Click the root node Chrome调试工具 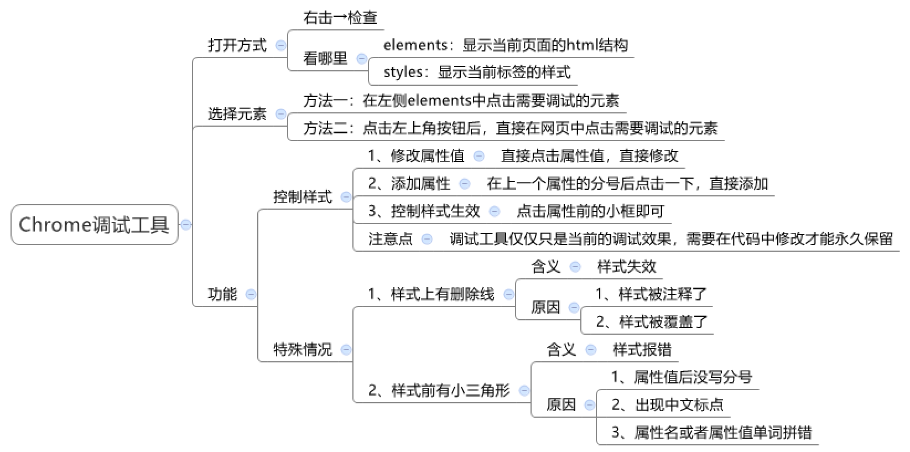point(94,225)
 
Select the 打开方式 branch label point(237,45)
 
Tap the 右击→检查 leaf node point(340,18)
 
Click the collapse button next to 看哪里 point(362,59)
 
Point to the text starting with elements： point(506,45)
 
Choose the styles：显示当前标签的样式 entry point(477,72)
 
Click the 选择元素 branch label point(237,114)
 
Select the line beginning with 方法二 point(510,128)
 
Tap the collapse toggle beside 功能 point(251,294)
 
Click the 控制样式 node point(303,196)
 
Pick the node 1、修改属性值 point(416,155)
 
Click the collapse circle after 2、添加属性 point(464,184)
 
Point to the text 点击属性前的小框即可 point(590,211)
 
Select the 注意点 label point(391,239)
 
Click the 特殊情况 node point(303,349)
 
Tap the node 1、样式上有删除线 point(431,294)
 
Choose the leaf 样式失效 point(627,267)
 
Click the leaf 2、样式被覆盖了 point(652,321)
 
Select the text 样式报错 point(642,349)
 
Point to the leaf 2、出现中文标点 point(668,404)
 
